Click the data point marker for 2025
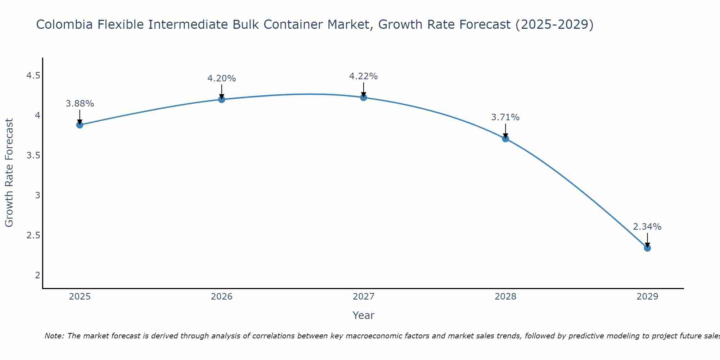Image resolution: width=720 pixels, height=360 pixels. [x=80, y=125]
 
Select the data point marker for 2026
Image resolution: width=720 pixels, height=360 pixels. [x=222, y=99]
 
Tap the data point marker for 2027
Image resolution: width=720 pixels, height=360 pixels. [x=364, y=97]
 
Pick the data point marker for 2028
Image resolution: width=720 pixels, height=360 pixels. [x=505, y=139]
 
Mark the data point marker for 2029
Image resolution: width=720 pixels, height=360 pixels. [x=647, y=248]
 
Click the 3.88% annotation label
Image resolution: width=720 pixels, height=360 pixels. [x=80, y=104]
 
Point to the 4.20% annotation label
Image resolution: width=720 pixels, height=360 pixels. [x=222, y=78]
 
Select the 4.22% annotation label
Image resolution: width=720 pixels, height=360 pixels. [x=364, y=76]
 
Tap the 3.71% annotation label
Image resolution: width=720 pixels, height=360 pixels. [x=505, y=117]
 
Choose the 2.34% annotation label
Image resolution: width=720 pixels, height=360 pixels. [x=647, y=227]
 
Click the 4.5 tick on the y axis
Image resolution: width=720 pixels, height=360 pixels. [x=33, y=76]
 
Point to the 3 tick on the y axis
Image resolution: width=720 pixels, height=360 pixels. [x=37, y=195]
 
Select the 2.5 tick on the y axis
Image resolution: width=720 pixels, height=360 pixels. [x=33, y=235]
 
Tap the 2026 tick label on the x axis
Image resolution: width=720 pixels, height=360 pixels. [x=222, y=297]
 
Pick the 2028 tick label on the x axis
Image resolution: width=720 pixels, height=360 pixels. [x=505, y=297]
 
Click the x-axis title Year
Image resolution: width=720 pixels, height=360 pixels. [x=364, y=315]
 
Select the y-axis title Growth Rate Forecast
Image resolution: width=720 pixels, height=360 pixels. [x=9, y=173]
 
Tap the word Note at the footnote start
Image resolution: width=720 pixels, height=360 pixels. [x=54, y=336]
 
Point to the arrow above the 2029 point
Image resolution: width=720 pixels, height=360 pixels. [x=647, y=240]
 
